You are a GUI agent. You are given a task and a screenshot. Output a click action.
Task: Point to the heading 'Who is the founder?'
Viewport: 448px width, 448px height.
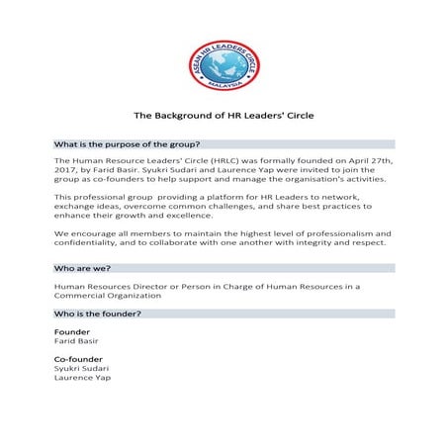pyautogui.click(x=96, y=314)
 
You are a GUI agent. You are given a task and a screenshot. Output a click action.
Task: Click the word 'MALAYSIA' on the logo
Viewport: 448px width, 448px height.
pyautogui.click(x=224, y=86)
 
